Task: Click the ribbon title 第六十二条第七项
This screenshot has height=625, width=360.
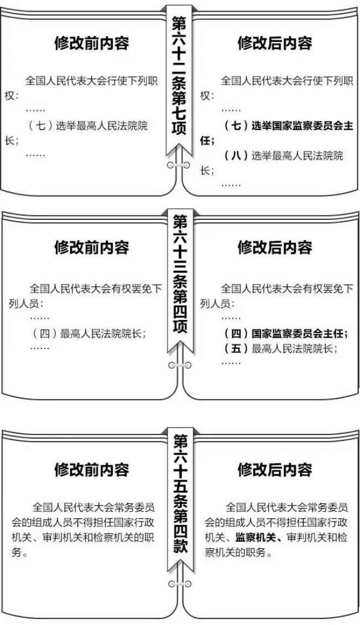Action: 179,75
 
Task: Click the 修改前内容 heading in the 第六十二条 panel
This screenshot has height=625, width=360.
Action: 92,44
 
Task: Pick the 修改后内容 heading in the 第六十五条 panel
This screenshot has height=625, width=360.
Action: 275,470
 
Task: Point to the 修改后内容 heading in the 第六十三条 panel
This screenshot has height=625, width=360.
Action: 275,247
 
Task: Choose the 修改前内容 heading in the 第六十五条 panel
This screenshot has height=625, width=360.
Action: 92,470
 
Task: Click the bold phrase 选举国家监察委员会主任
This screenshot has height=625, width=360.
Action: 302,126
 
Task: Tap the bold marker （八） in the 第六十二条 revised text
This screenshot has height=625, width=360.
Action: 236,155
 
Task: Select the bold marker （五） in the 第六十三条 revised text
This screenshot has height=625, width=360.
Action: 236,348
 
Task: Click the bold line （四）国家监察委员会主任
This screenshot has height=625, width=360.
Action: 285,333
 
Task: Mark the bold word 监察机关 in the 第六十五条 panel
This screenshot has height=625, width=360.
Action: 255,537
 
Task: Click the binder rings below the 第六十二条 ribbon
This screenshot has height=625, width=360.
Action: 179,165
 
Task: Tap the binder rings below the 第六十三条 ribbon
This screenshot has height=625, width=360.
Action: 180,365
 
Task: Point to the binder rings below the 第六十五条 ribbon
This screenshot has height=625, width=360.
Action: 180,584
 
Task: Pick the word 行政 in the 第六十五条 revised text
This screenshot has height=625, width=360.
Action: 337,522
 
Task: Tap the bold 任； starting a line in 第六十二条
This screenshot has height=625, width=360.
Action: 207,141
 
